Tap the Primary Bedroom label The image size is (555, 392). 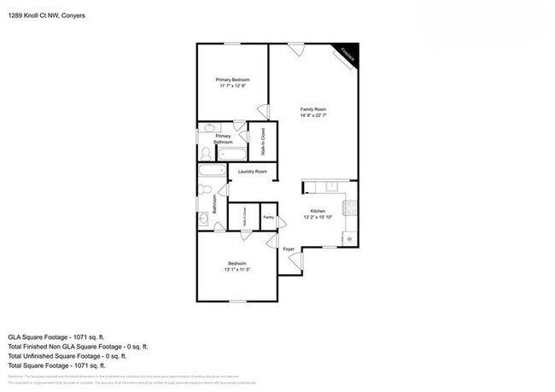[x=232, y=79]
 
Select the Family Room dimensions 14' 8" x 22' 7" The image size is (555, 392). [x=313, y=115]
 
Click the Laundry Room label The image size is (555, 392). [x=252, y=172]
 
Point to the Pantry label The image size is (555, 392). [x=268, y=217]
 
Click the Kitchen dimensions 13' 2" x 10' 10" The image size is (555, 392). [x=318, y=217]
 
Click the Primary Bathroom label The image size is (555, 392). [x=224, y=139]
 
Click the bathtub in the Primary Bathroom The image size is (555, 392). [x=231, y=155]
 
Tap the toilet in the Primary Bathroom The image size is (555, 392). [x=206, y=154]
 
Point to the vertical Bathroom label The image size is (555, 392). [x=203, y=205]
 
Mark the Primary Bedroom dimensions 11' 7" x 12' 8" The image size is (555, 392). [x=232, y=86]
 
